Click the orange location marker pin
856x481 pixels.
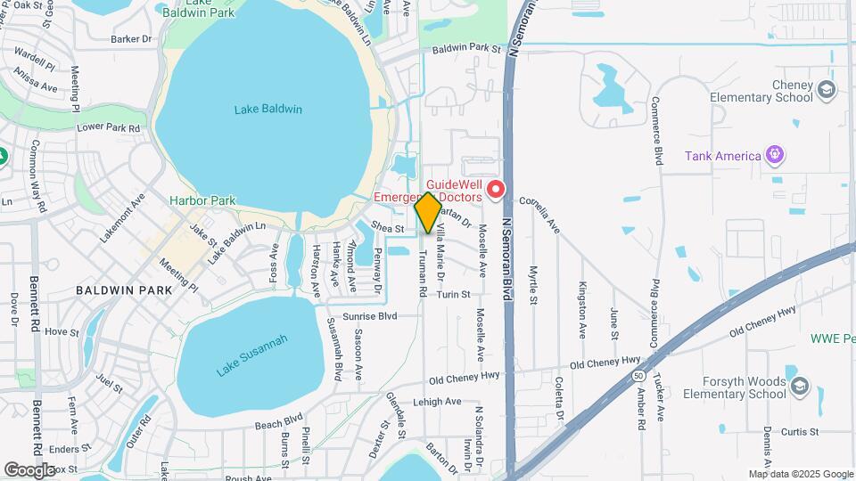[428, 212]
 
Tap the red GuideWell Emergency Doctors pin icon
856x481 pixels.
[496, 190]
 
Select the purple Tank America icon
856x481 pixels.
[776, 155]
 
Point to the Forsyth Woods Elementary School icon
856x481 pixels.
[799, 386]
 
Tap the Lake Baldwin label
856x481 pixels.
[268, 110]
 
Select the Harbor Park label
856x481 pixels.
[203, 200]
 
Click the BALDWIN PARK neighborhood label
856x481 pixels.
[117, 290]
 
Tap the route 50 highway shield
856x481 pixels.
[639, 378]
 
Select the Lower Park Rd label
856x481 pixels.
[108, 127]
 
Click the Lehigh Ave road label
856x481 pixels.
[437, 402]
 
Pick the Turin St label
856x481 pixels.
[453, 294]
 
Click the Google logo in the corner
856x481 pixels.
[30, 469]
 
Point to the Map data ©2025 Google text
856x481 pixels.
[800, 474]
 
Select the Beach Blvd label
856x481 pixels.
[279, 418]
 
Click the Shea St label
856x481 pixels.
[389, 229]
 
